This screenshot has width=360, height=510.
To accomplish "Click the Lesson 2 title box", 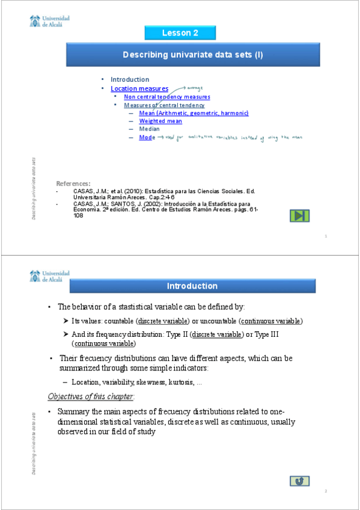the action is pyautogui.click(x=180, y=32).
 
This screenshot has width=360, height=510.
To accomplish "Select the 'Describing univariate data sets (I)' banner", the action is pyautogui.click(x=192, y=55).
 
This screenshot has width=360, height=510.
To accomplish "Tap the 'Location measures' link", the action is pyautogui.click(x=139, y=88).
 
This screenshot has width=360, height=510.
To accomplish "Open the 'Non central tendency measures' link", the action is pyautogui.click(x=166, y=97).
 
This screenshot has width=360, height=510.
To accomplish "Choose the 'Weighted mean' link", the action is pyautogui.click(x=160, y=121).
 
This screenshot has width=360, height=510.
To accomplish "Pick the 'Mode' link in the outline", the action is pyautogui.click(x=147, y=137).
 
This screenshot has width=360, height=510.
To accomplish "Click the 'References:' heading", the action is pyautogui.click(x=73, y=183).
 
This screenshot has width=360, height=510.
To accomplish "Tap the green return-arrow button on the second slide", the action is pyautogui.click(x=299, y=481).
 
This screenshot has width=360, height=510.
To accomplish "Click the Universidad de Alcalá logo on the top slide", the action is pyautogui.click(x=49, y=22).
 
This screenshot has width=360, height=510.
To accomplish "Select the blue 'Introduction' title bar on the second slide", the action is pyautogui.click(x=192, y=286).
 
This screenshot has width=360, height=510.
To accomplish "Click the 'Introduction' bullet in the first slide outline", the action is pyautogui.click(x=129, y=79).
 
